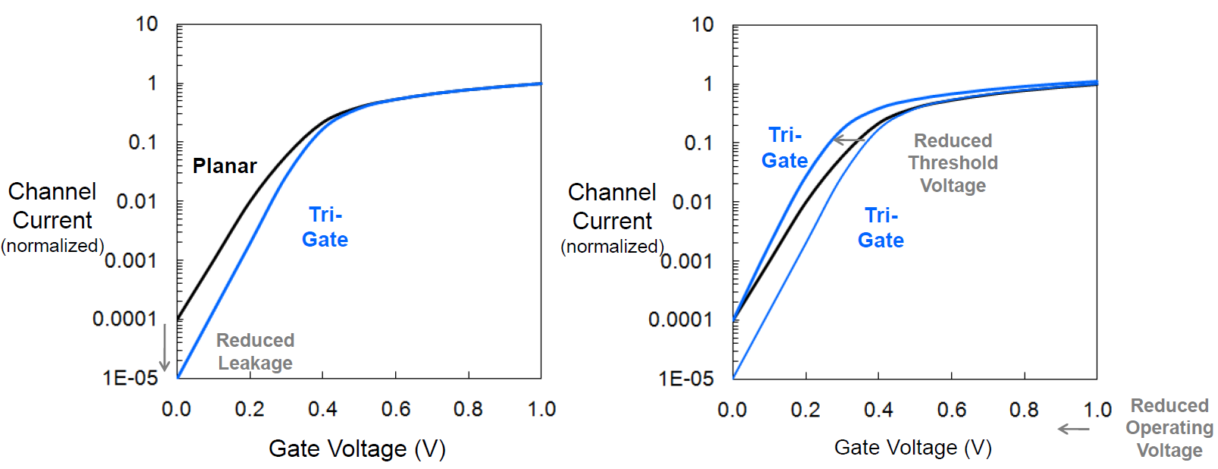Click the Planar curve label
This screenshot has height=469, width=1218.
pos(224,166)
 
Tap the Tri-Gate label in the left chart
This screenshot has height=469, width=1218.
pos(325,227)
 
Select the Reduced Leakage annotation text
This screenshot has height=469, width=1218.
pos(256,351)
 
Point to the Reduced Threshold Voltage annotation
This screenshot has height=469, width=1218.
pos(953,163)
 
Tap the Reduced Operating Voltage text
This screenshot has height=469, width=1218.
pos(1169,428)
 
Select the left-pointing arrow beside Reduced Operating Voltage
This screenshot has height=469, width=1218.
pos(1073,430)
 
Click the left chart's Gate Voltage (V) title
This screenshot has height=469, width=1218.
pos(357,449)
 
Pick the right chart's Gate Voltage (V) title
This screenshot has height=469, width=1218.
pos(913,448)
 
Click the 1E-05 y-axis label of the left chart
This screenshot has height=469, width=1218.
pos(130,378)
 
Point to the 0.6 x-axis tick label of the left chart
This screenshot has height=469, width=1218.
pos(395,410)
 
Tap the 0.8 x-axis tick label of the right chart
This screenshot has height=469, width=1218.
pos(1024,411)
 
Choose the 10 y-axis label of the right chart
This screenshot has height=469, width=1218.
pos(702,25)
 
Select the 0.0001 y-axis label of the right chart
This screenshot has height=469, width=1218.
pos(680,319)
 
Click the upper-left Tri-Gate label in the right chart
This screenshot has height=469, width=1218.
pos(785,148)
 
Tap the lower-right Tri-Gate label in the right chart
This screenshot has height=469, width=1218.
pos(881,228)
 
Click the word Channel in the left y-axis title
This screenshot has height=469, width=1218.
pos(52,191)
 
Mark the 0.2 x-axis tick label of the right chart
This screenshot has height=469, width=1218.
pos(805,411)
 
